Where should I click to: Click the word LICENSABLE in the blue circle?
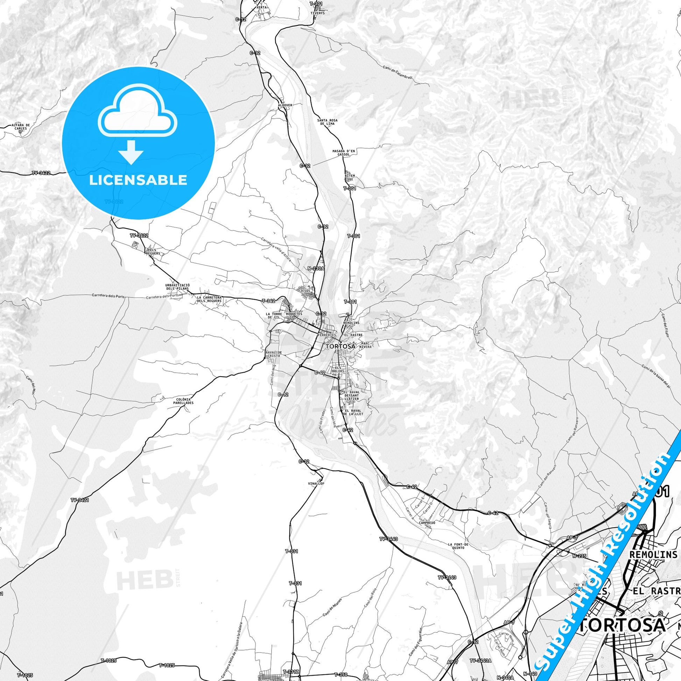click(138, 180)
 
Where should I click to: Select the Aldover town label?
click(285, 105)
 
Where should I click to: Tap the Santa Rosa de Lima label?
click(328, 122)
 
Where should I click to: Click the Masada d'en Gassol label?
click(341, 153)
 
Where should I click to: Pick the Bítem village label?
click(350, 175)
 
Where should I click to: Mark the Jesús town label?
click(306, 291)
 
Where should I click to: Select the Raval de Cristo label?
click(274, 354)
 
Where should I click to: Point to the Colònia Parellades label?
click(184, 401)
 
